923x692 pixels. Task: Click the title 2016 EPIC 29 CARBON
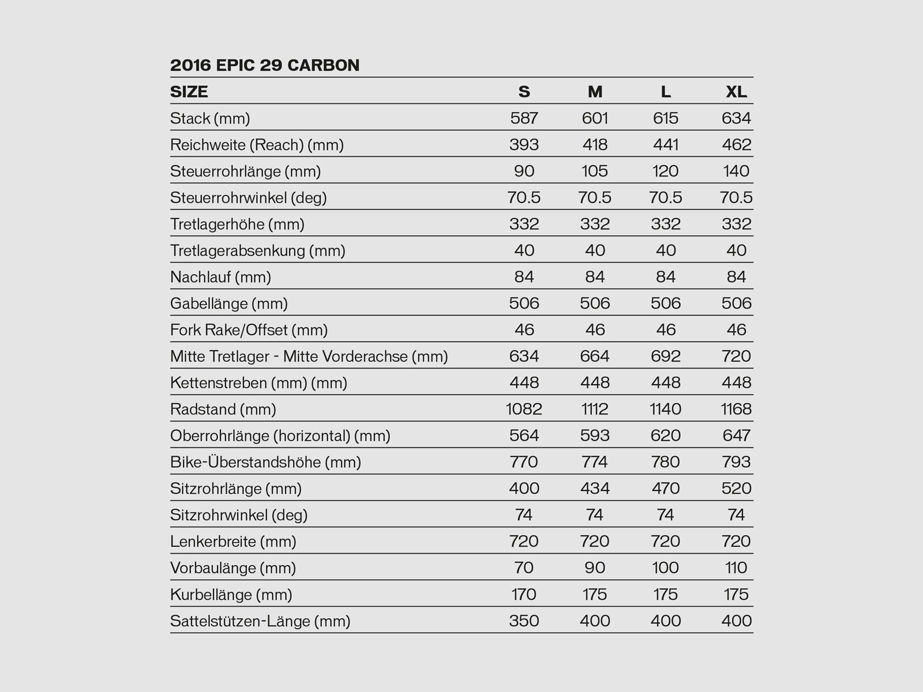pyautogui.click(x=265, y=65)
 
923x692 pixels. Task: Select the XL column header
pyautogui.click(x=736, y=92)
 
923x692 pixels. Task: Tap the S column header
pyautogui.click(x=524, y=92)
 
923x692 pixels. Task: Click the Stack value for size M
pyautogui.click(x=595, y=118)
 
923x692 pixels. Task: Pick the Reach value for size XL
pyautogui.click(x=737, y=145)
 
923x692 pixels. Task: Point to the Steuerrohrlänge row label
pyautogui.click(x=245, y=171)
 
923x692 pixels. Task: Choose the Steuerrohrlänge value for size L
pyautogui.click(x=666, y=171)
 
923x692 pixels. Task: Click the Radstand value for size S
pyautogui.click(x=524, y=409)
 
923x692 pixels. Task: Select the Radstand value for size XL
pyautogui.click(x=736, y=409)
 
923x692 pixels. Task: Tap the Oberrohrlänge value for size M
pyautogui.click(x=595, y=436)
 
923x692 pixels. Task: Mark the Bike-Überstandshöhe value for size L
pyautogui.click(x=666, y=462)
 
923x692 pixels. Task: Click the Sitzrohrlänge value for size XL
pyautogui.click(x=737, y=489)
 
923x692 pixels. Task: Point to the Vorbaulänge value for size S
pyautogui.click(x=524, y=568)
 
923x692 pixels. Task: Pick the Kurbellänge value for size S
pyautogui.click(x=524, y=595)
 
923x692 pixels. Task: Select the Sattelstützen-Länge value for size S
pyautogui.click(x=524, y=621)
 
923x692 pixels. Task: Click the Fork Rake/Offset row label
pyautogui.click(x=249, y=330)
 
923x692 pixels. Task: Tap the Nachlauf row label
pyautogui.click(x=220, y=277)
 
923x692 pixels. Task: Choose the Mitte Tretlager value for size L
pyautogui.click(x=666, y=356)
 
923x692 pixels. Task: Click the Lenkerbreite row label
pyautogui.click(x=233, y=541)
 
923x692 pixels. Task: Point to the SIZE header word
pyautogui.click(x=189, y=92)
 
